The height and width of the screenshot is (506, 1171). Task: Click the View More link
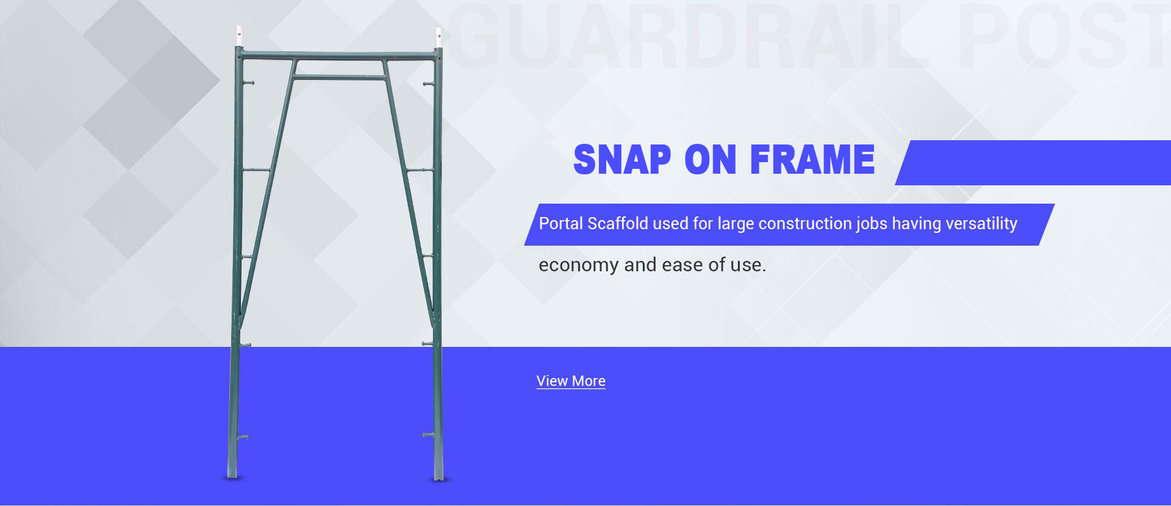click(x=571, y=381)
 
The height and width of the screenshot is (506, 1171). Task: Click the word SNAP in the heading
click(x=622, y=160)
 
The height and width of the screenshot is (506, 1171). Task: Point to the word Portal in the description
click(x=560, y=224)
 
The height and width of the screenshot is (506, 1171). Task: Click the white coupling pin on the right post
click(x=439, y=37)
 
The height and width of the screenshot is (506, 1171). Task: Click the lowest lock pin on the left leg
click(x=243, y=437)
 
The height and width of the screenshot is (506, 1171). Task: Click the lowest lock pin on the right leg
click(x=428, y=435)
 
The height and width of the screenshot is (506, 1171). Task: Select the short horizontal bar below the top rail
click(x=340, y=77)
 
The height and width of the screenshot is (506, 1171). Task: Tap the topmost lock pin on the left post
click(x=248, y=83)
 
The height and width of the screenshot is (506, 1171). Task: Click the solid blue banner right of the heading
click(x=1037, y=163)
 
